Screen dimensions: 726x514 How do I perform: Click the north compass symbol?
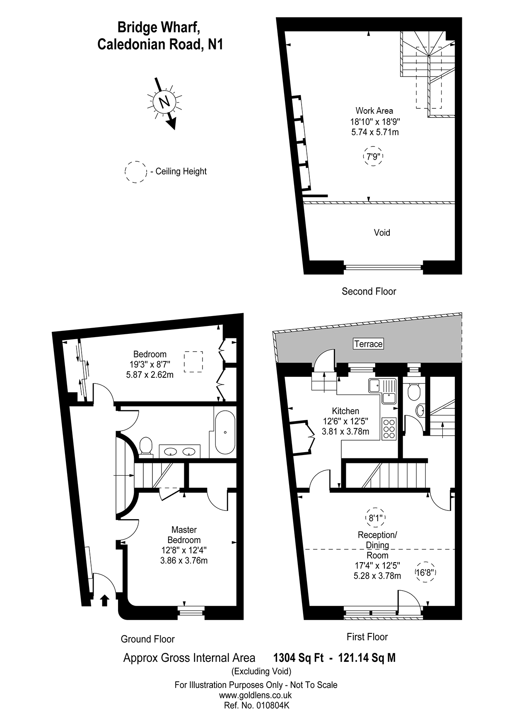[164, 102]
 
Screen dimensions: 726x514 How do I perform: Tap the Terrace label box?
[368, 344]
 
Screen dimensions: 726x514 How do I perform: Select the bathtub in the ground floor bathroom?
[225, 432]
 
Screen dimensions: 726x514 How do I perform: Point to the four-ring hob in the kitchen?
[389, 429]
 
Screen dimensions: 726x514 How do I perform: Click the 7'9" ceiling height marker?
[373, 156]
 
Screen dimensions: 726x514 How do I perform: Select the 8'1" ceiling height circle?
[375, 517]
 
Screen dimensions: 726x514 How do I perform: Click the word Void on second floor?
[382, 232]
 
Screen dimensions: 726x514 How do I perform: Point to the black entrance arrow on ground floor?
[104, 600]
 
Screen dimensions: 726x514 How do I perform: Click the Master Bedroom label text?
[184, 535]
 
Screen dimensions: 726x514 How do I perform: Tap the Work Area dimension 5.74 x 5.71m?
[375, 132]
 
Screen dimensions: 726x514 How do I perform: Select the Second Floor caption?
[369, 291]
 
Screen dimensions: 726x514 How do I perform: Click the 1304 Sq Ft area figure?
[298, 658]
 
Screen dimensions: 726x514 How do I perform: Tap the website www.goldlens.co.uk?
[256, 695]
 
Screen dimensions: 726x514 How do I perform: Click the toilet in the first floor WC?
[413, 391]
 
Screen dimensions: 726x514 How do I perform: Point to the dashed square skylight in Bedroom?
[193, 361]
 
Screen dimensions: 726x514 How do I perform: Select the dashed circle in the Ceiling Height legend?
[136, 172]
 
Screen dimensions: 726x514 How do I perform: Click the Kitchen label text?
[345, 411]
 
